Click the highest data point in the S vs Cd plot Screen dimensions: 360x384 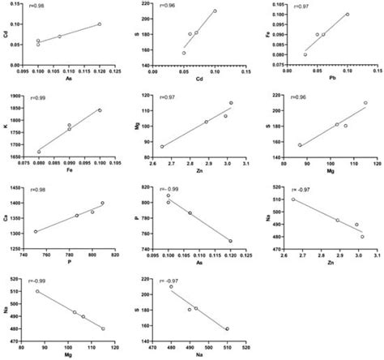point(215,11)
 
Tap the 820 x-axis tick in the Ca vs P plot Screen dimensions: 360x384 point(115,255)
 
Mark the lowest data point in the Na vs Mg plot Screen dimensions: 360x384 point(103,328)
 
